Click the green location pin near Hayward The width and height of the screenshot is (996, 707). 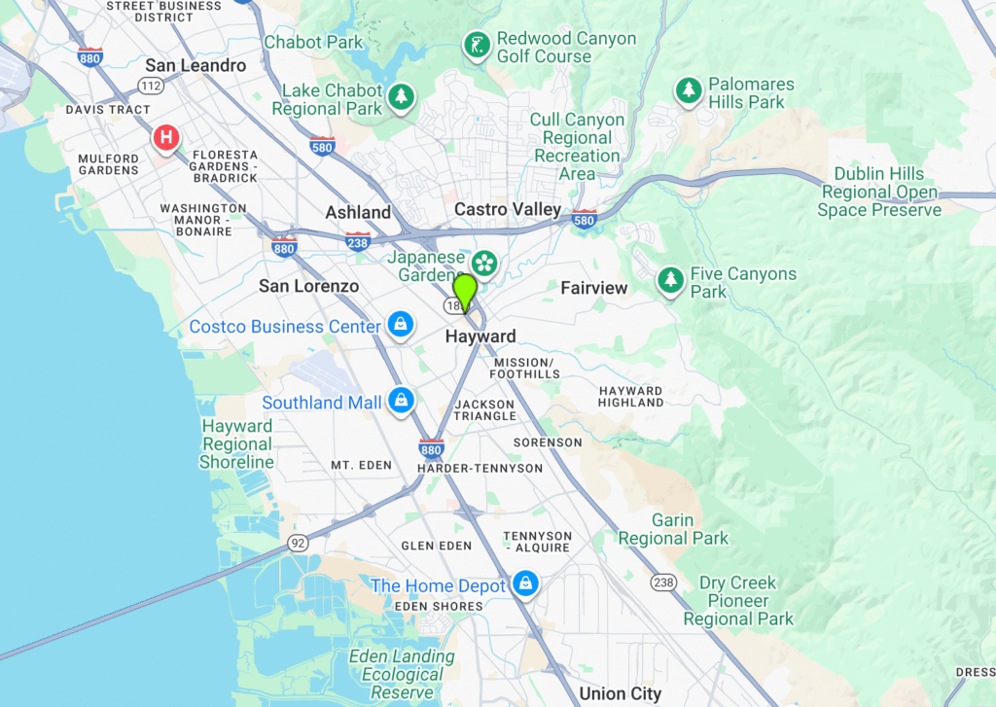[465, 290]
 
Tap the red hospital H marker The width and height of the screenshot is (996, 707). [166, 138]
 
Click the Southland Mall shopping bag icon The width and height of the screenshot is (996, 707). [400, 400]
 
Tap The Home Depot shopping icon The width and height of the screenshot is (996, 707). [525, 583]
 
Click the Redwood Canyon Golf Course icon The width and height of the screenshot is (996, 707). [476, 45]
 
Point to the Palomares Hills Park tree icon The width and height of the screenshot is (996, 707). [690, 90]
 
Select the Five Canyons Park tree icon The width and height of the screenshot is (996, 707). [670, 280]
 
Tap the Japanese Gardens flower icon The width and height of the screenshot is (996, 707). [483, 263]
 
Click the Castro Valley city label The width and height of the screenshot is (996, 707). [508, 209]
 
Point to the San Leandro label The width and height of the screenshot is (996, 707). [196, 65]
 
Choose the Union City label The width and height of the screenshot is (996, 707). [621, 693]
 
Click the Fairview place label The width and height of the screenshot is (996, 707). [594, 288]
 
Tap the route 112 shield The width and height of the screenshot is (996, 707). [150, 87]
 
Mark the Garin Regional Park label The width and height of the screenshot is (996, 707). [673, 529]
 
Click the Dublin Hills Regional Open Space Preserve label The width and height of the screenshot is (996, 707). [879, 192]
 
